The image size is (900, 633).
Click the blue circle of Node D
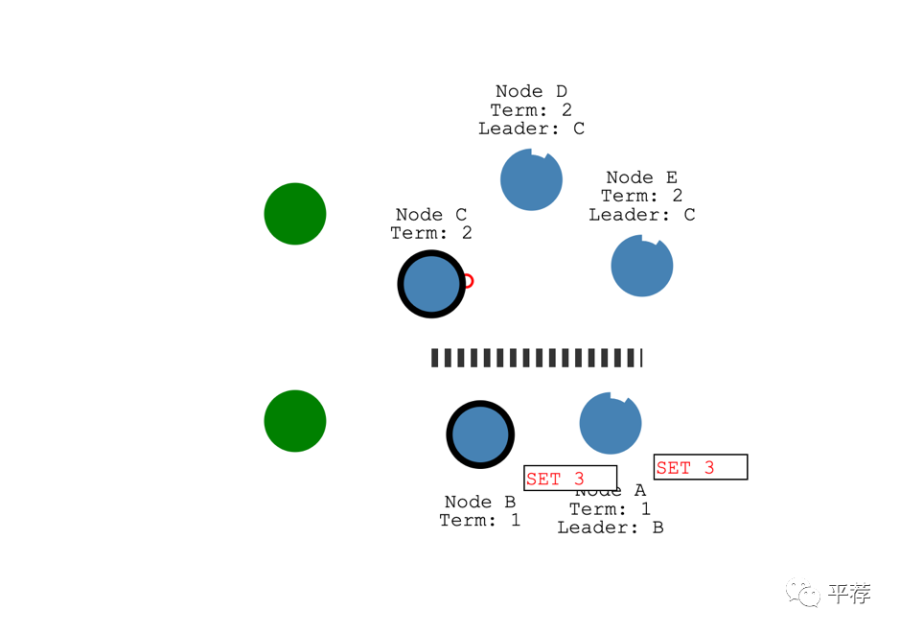(531, 180)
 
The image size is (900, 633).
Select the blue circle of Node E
(642, 266)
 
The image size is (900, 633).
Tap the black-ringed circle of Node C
(432, 284)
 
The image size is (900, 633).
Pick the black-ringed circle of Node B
(480, 434)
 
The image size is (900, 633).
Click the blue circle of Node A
(611, 423)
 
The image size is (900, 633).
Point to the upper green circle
(295, 214)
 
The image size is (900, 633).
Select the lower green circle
(295, 421)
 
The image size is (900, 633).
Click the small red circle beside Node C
(467, 281)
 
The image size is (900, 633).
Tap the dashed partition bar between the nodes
(536, 358)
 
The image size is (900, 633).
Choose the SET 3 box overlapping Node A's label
(570, 478)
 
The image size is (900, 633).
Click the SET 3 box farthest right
(701, 467)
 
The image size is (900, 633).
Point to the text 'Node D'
(531, 91)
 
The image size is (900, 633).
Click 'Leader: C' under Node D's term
(531, 129)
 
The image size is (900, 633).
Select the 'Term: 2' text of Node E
(642, 196)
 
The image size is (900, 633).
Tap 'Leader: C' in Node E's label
(642, 215)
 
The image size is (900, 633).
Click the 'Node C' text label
(431, 215)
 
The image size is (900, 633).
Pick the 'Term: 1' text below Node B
(480, 520)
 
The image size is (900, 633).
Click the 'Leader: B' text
(611, 527)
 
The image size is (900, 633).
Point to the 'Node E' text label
(642, 177)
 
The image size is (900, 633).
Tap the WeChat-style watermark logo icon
(803, 594)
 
